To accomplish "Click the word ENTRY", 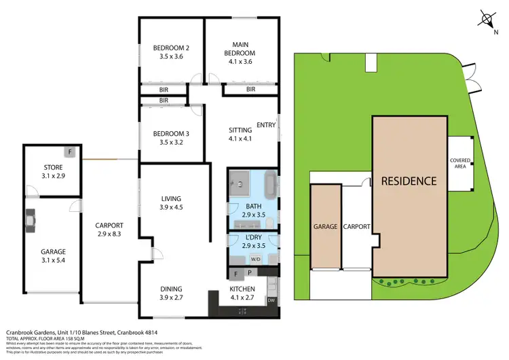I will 266,125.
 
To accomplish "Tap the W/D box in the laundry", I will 255,259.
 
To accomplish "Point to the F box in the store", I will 69,151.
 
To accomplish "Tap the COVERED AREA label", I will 460,162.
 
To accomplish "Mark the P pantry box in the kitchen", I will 249,273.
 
